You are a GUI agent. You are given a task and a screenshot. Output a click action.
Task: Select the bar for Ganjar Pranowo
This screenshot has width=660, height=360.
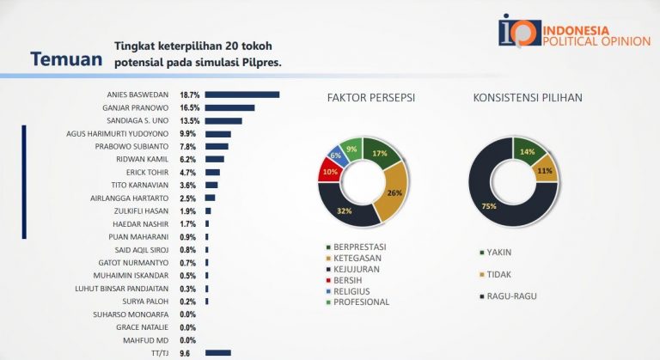229,107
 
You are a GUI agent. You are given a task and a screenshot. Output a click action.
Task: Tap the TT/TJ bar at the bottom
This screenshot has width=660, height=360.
218,352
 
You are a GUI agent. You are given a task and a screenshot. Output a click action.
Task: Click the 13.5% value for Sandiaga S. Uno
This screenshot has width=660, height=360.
190,121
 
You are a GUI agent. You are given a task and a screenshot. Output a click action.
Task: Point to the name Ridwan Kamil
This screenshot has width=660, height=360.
144,159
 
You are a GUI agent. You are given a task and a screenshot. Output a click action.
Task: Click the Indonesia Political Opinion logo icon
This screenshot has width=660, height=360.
518,29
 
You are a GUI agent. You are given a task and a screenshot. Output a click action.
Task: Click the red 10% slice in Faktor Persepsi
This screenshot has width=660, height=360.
328,171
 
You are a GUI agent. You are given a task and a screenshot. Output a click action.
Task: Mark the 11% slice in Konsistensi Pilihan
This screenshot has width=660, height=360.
545,170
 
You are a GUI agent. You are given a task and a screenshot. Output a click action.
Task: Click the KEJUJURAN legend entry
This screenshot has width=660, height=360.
351,268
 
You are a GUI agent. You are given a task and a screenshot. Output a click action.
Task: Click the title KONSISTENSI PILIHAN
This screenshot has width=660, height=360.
528,98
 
